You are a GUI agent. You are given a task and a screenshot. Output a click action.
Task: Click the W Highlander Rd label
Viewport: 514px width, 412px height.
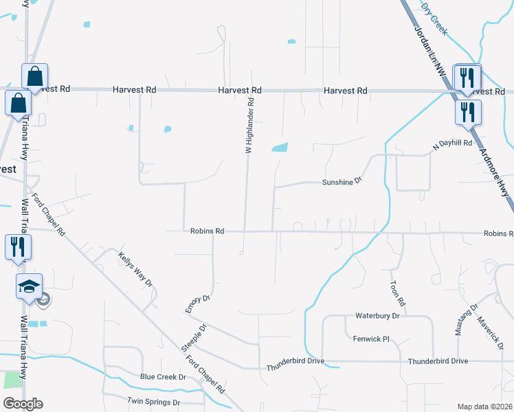tap(250, 125)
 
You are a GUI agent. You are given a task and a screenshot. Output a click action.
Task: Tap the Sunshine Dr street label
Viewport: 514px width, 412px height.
tap(342, 182)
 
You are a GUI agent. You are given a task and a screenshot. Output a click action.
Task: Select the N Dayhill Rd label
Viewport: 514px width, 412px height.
tap(453, 144)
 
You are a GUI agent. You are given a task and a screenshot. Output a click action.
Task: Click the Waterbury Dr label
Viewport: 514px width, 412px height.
tap(377, 316)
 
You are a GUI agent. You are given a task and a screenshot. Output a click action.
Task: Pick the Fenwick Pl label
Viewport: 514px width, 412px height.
tap(371, 339)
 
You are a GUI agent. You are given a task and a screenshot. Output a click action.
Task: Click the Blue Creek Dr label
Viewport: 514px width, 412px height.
tap(163, 377)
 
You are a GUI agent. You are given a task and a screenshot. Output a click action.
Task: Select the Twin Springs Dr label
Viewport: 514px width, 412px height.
tap(153, 402)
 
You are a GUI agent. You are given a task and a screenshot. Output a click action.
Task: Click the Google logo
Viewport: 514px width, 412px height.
tap(23, 404)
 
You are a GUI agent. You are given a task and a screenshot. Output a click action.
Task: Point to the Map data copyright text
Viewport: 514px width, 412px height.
tap(484, 407)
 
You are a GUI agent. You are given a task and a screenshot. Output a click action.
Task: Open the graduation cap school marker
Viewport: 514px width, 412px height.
tap(30, 287)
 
